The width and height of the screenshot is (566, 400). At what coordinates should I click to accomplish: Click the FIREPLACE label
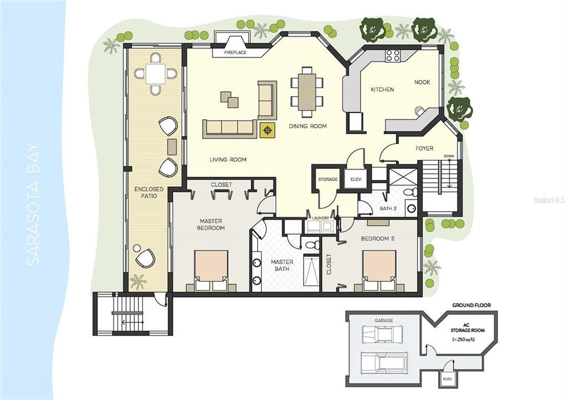(235, 53)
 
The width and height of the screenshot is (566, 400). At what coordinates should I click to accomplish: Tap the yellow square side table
(268, 130)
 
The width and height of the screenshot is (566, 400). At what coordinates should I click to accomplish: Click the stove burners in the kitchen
(393, 55)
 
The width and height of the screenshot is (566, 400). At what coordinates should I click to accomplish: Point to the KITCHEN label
(382, 89)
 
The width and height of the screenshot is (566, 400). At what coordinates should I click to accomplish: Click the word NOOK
(422, 82)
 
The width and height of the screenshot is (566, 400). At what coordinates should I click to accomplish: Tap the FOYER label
(424, 148)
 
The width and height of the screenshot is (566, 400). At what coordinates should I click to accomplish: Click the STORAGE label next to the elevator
(328, 179)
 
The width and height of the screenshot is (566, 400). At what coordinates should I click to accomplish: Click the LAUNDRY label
(320, 218)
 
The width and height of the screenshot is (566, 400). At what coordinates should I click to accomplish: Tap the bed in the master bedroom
(211, 269)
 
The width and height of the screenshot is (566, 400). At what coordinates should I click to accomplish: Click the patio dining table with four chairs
(156, 73)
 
